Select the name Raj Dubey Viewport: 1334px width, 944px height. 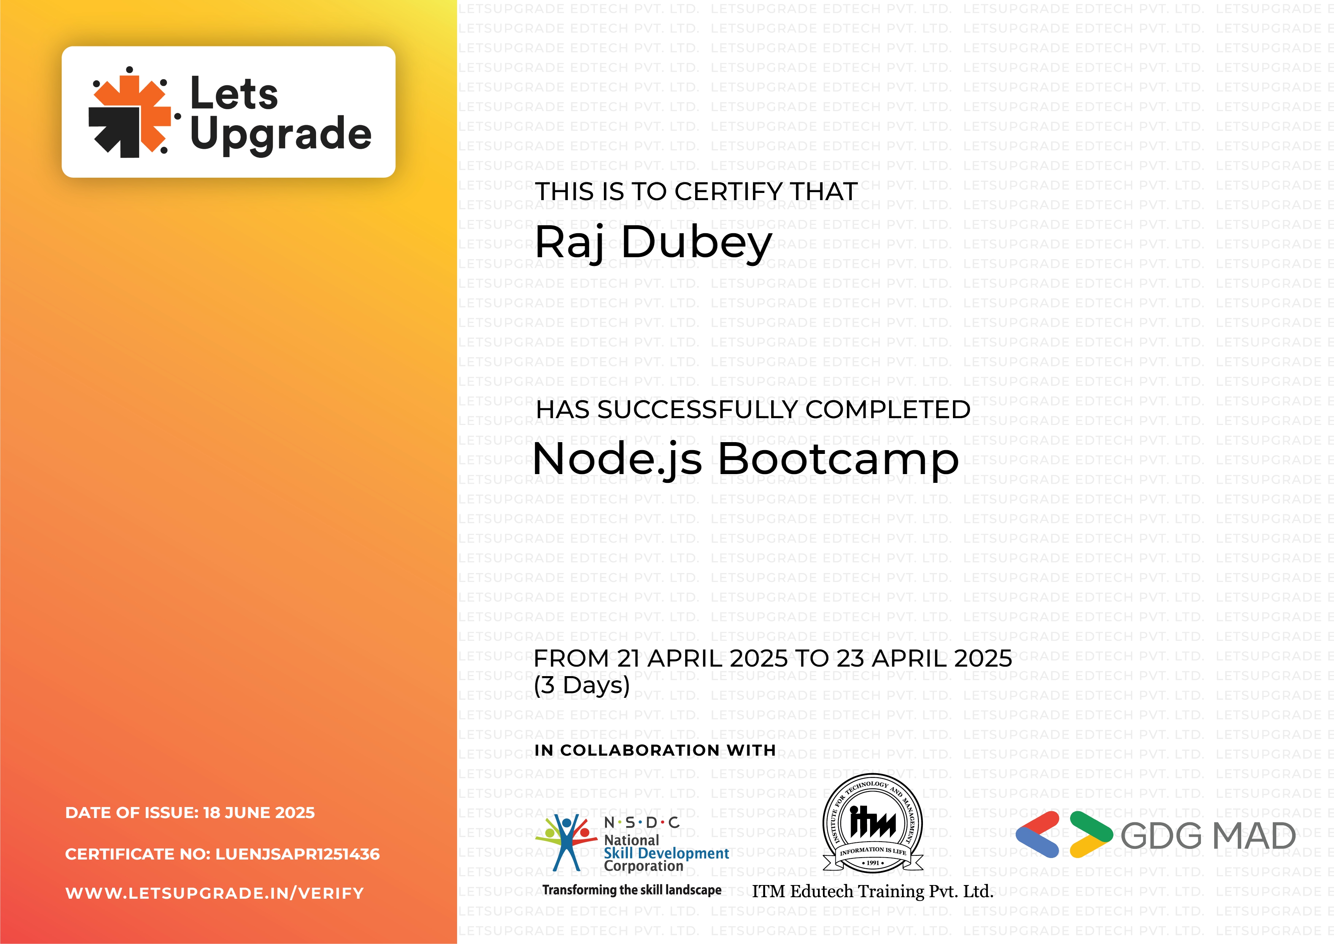(653, 243)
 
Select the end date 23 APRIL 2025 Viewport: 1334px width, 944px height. (924, 659)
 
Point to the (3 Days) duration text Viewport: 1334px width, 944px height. (581, 685)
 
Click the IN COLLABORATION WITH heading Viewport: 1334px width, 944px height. (655, 750)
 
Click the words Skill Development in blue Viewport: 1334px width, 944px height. (666, 853)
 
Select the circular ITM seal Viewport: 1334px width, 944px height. (873, 823)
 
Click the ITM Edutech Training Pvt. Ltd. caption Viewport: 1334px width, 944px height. (873, 891)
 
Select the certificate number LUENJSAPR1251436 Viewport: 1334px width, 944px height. (297, 854)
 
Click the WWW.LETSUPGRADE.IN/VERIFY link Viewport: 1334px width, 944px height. (214, 893)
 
